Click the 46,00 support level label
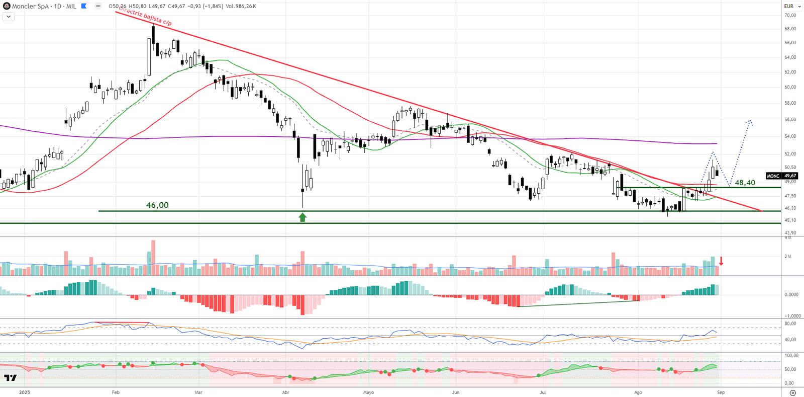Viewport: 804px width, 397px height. pos(157,205)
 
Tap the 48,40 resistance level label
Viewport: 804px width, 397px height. pos(745,183)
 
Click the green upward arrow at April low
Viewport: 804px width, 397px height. pos(303,217)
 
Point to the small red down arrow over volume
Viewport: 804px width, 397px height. pos(721,261)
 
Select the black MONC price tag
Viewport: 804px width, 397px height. pos(773,176)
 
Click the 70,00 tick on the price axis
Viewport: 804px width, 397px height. pos(790,16)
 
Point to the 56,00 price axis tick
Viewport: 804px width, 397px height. pos(790,120)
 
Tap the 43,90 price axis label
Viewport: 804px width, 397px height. pos(790,233)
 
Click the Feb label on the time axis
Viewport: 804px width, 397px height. pos(116,392)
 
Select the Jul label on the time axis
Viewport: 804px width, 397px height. pos(543,392)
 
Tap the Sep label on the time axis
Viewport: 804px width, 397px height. pos(721,392)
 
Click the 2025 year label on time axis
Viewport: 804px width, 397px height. pos(24,392)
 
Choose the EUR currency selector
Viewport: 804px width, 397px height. pos(792,6)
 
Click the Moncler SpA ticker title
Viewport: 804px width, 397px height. pos(30,6)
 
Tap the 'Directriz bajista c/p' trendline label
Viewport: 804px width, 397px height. pos(146,17)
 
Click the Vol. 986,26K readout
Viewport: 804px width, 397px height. pos(241,6)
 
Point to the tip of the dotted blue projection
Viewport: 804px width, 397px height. pos(749,120)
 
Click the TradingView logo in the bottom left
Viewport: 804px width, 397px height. pos(10,378)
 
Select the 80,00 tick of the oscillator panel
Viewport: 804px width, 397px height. pos(790,324)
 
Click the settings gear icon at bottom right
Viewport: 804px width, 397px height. pos(793,392)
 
